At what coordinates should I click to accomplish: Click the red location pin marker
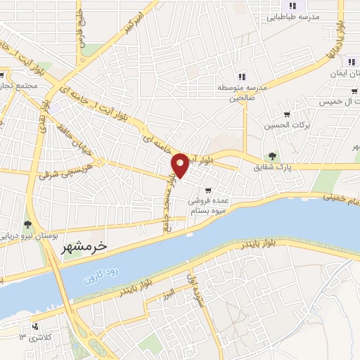click(181, 165)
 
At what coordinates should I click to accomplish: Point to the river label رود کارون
click(98, 275)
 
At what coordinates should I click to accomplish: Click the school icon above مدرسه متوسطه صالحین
click(241, 76)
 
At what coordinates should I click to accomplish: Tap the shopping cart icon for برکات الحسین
click(286, 114)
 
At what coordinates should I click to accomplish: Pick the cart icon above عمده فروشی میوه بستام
click(207, 190)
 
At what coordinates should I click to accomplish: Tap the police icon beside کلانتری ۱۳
click(34, 327)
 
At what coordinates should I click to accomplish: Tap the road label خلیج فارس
click(81, 34)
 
